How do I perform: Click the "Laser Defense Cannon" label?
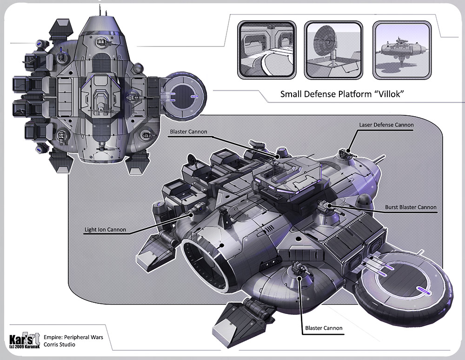pos(386,125)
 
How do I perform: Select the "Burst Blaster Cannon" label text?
pos(411,207)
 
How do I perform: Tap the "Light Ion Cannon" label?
pos(105,230)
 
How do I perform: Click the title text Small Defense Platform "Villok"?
pos(341,94)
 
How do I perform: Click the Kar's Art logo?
pos(23,338)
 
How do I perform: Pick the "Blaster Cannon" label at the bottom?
pos(324,328)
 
